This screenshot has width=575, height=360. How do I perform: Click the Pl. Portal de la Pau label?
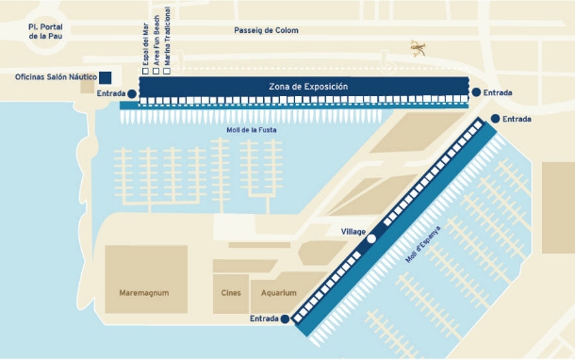[45, 32]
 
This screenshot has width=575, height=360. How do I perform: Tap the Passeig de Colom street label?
[266, 30]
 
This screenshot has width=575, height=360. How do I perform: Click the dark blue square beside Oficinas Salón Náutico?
[106, 77]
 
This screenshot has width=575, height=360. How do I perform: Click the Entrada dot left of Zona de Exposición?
[130, 93]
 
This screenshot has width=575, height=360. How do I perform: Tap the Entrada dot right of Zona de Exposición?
[477, 92]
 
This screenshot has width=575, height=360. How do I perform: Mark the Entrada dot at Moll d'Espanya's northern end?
[494, 120]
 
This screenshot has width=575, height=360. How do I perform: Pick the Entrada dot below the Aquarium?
[285, 319]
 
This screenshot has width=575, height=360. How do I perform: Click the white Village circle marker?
[371, 239]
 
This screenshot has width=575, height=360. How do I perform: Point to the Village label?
[352, 230]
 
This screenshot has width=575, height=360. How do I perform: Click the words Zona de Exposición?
[308, 87]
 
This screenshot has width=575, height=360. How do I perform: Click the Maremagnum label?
[144, 293]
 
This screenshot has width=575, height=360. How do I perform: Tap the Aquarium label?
[278, 293]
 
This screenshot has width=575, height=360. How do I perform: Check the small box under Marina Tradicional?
[167, 72]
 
